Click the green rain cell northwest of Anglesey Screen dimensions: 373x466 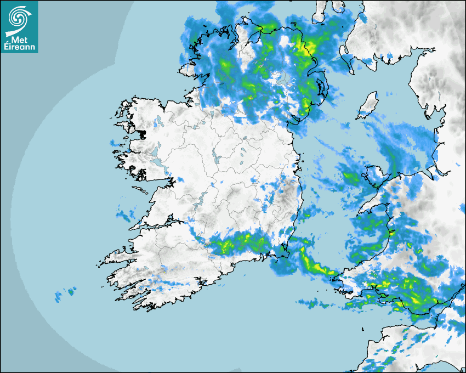click(351, 177)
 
